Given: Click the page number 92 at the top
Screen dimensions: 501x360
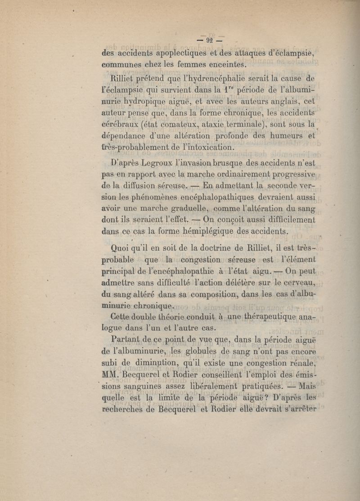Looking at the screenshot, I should click(209, 40).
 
